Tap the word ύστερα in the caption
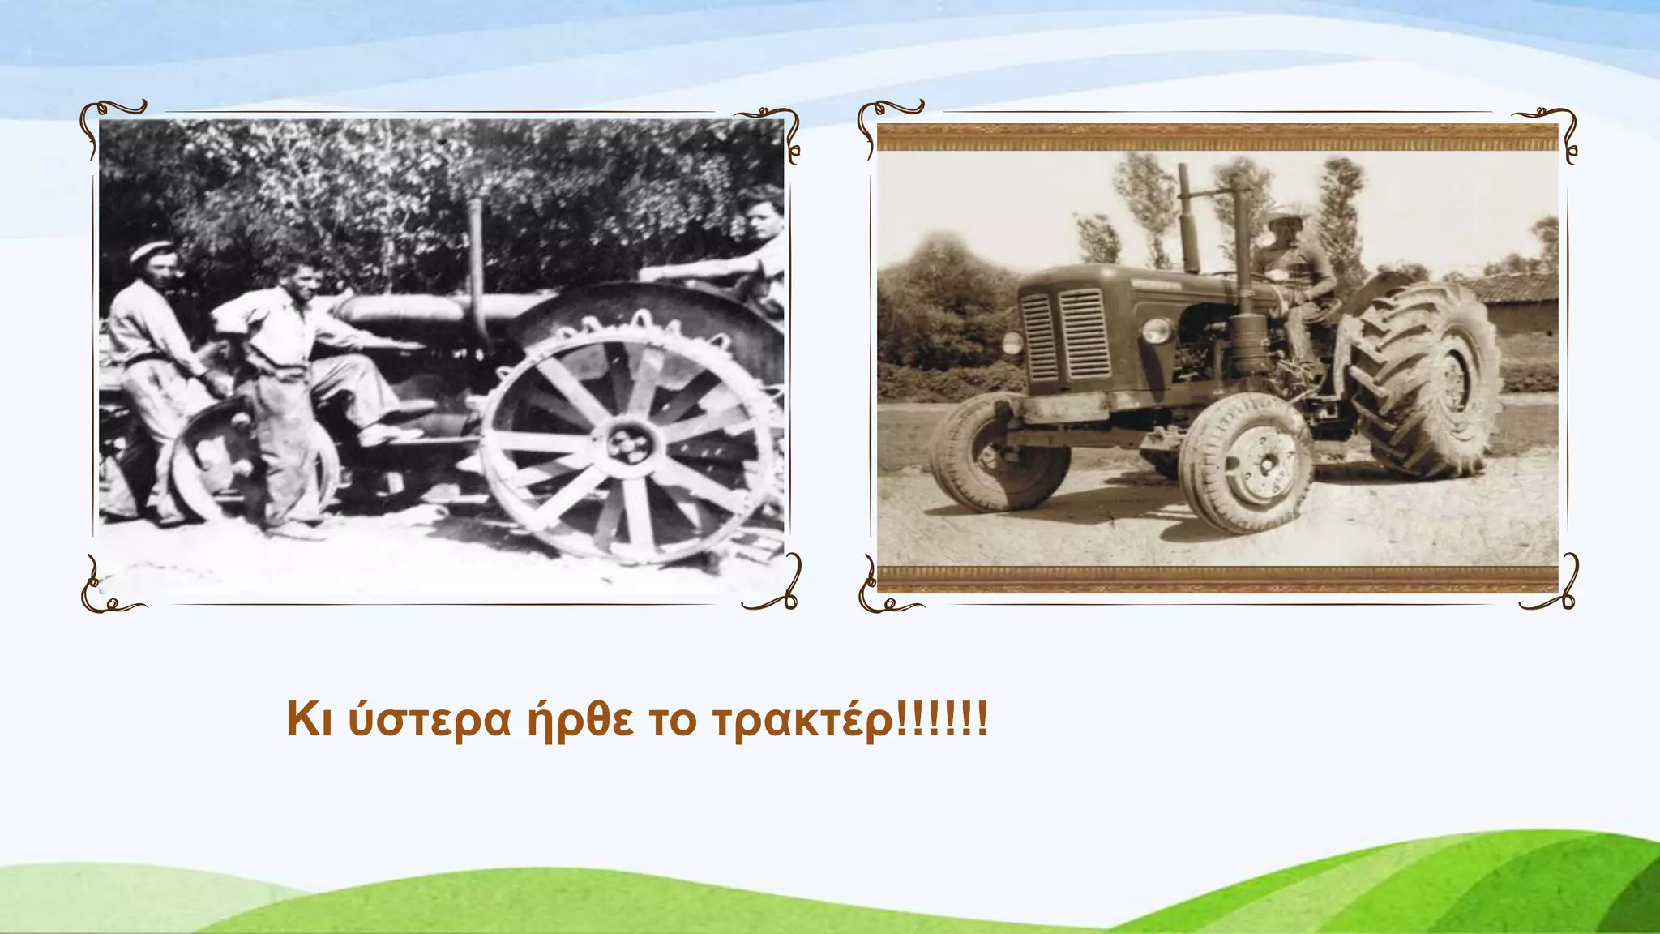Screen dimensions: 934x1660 click(430, 720)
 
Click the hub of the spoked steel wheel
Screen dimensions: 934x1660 click(628, 444)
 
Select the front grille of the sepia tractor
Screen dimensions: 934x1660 click(1063, 335)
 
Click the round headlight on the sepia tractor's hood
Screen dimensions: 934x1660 click(1156, 331)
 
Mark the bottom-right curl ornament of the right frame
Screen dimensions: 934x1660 click(1552, 588)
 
